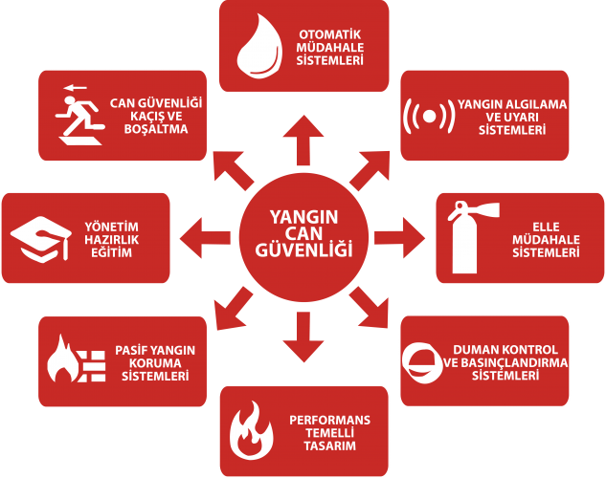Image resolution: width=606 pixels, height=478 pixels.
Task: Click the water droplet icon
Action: [258, 46]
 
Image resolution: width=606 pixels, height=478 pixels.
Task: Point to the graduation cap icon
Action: [40, 240]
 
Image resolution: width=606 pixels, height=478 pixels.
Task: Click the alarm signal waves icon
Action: [429, 116]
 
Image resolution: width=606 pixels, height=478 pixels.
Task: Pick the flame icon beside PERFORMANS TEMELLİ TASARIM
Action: [252, 430]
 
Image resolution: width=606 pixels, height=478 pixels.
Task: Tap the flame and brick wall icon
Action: [77, 359]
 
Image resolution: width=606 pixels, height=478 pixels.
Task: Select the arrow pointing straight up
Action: [303, 140]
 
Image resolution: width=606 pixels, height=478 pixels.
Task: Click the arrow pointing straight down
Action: [303, 337]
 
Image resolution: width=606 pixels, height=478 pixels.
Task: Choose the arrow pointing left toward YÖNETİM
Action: [205, 238]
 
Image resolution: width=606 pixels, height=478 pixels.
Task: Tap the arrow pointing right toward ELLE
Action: [399, 238]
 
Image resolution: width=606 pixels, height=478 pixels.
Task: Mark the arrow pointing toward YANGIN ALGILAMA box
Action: [370, 170]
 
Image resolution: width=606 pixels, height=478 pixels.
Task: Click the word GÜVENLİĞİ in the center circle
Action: [303, 250]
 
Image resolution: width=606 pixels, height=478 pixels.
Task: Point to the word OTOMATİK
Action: [330, 34]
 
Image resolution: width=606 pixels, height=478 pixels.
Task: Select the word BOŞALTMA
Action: [156, 129]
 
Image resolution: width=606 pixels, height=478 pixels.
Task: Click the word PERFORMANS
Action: [329, 420]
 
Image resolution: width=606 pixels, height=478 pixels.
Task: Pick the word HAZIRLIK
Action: [112, 240]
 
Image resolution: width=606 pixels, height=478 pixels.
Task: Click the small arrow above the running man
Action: [76, 88]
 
